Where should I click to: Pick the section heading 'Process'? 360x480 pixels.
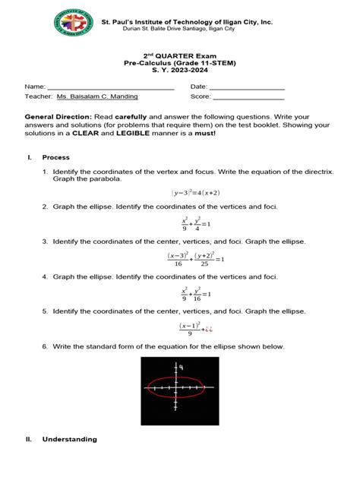[x=56, y=157]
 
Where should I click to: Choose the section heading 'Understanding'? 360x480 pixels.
[x=70, y=439]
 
